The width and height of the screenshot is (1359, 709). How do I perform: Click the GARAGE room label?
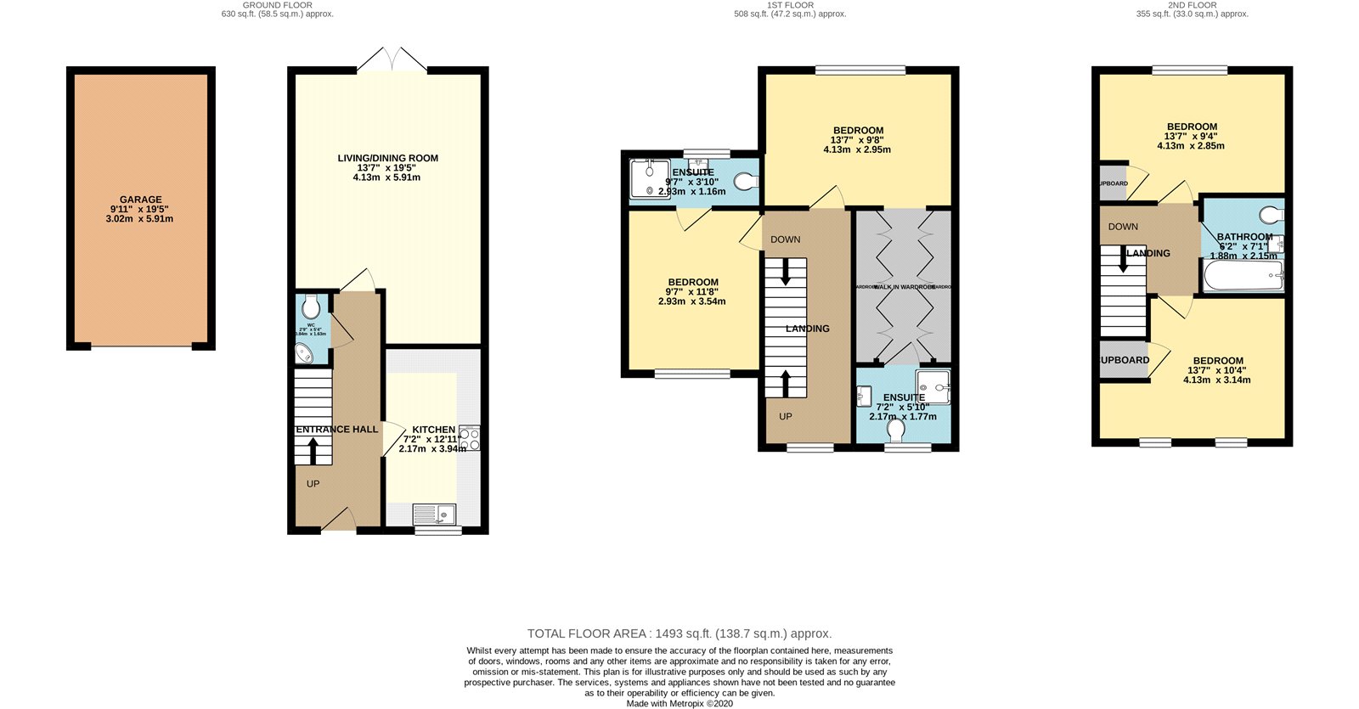coord(140,200)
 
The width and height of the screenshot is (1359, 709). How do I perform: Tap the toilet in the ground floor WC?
coord(311,307)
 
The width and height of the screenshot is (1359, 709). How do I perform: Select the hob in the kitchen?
coord(469,438)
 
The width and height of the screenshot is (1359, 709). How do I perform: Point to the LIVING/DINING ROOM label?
coord(387,158)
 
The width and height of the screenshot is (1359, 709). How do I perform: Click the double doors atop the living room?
coord(392,59)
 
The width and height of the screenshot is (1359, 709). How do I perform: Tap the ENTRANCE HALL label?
coord(337,430)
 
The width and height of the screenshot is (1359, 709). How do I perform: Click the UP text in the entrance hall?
coord(313,484)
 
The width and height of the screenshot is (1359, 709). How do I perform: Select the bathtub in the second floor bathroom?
coord(1243,275)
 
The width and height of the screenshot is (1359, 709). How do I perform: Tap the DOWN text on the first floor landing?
coord(785,239)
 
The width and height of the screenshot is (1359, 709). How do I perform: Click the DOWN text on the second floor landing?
coord(1123,227)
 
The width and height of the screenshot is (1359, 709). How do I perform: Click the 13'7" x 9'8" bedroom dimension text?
coord(858,140)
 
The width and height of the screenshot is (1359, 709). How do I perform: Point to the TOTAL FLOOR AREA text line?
coord(679,633)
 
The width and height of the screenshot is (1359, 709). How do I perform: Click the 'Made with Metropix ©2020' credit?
coord(679,703)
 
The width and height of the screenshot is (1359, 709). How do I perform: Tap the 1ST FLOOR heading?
coord(790,5)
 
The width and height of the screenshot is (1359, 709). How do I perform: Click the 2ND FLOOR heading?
coord(1192,5)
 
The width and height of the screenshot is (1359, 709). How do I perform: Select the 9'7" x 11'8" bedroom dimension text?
coord(692,292)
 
